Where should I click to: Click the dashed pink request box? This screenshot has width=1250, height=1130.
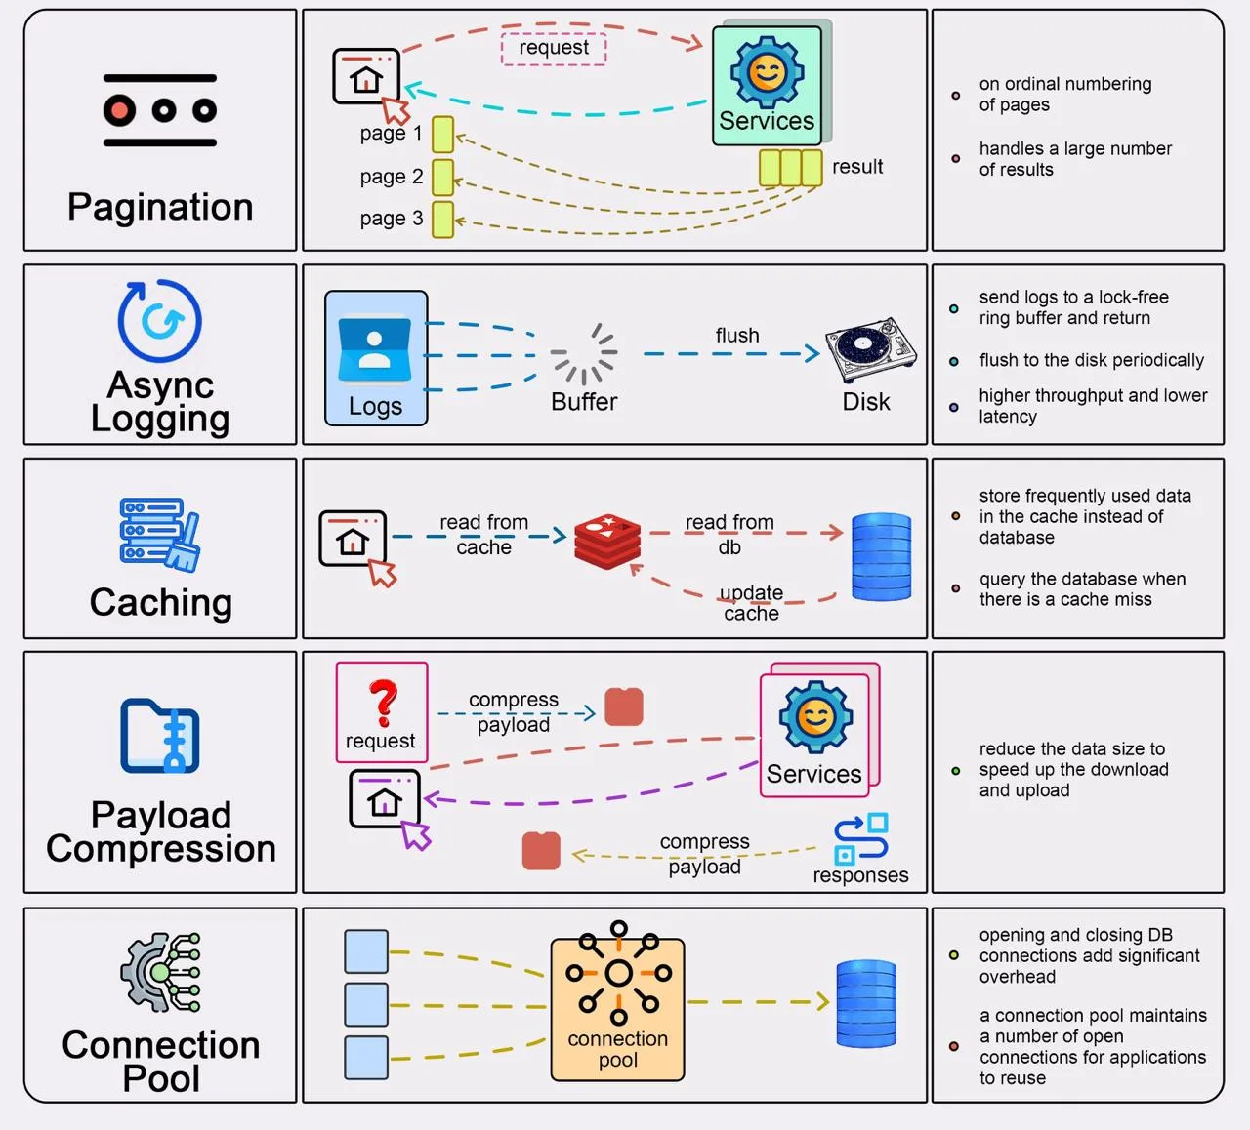(554, 49)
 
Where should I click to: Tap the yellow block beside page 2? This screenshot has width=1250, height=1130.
(442, 177)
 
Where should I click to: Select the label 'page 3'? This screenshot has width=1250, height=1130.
(392, 219)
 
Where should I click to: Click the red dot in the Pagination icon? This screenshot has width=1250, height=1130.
(119, 111)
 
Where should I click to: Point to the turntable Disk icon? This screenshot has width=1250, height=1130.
(870, 349)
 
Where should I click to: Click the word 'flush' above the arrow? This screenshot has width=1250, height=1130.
(737, 336)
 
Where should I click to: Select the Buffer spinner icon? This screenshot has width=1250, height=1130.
(584, 353)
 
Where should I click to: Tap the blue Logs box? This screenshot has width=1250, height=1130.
(376, 358)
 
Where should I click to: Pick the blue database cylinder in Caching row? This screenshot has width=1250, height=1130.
(881, 556)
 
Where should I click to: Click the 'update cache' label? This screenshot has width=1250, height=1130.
(751, 603)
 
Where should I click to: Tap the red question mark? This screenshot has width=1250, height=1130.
(384, 703)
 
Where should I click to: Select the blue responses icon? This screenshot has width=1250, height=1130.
(861, 838)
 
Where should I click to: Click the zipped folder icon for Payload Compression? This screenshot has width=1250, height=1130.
(160, 736)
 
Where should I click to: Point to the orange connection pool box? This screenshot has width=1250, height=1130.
(617, 1009)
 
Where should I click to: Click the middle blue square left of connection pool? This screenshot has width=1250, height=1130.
(366, 1005)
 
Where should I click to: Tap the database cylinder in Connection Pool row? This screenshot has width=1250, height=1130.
(866, 1004)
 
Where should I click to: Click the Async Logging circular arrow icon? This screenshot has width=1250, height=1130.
(160, 321)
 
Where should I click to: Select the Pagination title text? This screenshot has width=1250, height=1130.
(161, 207)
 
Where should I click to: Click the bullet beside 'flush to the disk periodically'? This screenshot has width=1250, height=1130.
(954, 361)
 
